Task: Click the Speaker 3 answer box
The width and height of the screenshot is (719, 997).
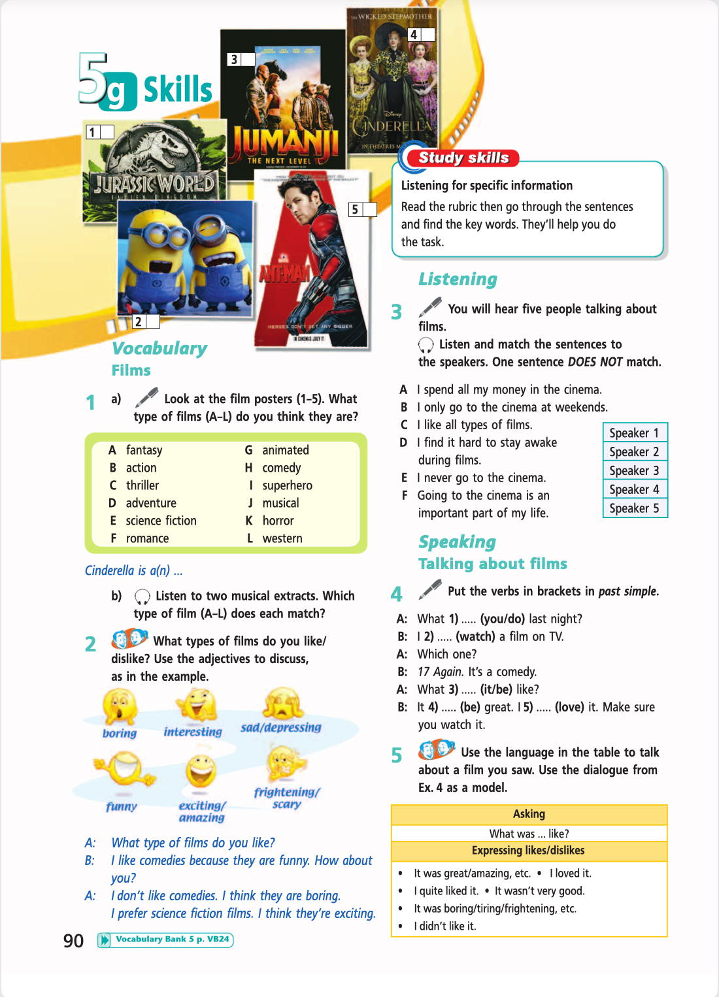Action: point(634,470)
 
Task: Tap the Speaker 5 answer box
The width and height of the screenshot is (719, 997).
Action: point(634,508)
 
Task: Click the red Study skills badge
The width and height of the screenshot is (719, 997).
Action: point(463,157)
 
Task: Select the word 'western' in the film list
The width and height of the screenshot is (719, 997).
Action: point(282,538)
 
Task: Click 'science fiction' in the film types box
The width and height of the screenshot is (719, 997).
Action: point(161,521)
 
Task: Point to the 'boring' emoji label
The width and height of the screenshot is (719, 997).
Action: point(120,733)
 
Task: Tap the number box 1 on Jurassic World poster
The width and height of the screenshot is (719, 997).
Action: point(100,132)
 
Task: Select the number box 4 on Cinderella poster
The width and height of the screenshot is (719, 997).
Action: point(421,35)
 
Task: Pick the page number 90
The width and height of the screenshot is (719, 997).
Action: point(73,941)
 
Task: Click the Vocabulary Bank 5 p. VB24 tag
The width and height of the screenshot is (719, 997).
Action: point(165,940)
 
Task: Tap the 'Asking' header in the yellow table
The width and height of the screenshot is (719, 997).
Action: point(529,814)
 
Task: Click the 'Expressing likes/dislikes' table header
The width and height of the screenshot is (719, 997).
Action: point(528,851)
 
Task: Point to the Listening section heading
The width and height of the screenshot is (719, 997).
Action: point(458,279)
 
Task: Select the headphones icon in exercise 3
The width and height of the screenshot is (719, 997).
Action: point(426,344)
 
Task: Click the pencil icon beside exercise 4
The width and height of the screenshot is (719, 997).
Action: point(430,589)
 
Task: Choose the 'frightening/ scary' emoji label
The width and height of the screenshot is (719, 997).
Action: point(287,798)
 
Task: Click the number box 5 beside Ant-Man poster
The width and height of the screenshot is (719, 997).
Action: point(363,209)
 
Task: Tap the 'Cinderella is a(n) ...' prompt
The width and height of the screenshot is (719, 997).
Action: point(133,570)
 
